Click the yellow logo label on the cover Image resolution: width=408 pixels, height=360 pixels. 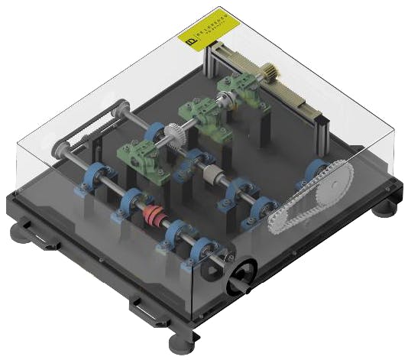(208, 36)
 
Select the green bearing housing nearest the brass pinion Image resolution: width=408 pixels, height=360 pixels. (238, 92)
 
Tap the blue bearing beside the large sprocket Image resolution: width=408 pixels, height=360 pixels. (315, 172)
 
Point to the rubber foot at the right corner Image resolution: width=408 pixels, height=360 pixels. (388, 200)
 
